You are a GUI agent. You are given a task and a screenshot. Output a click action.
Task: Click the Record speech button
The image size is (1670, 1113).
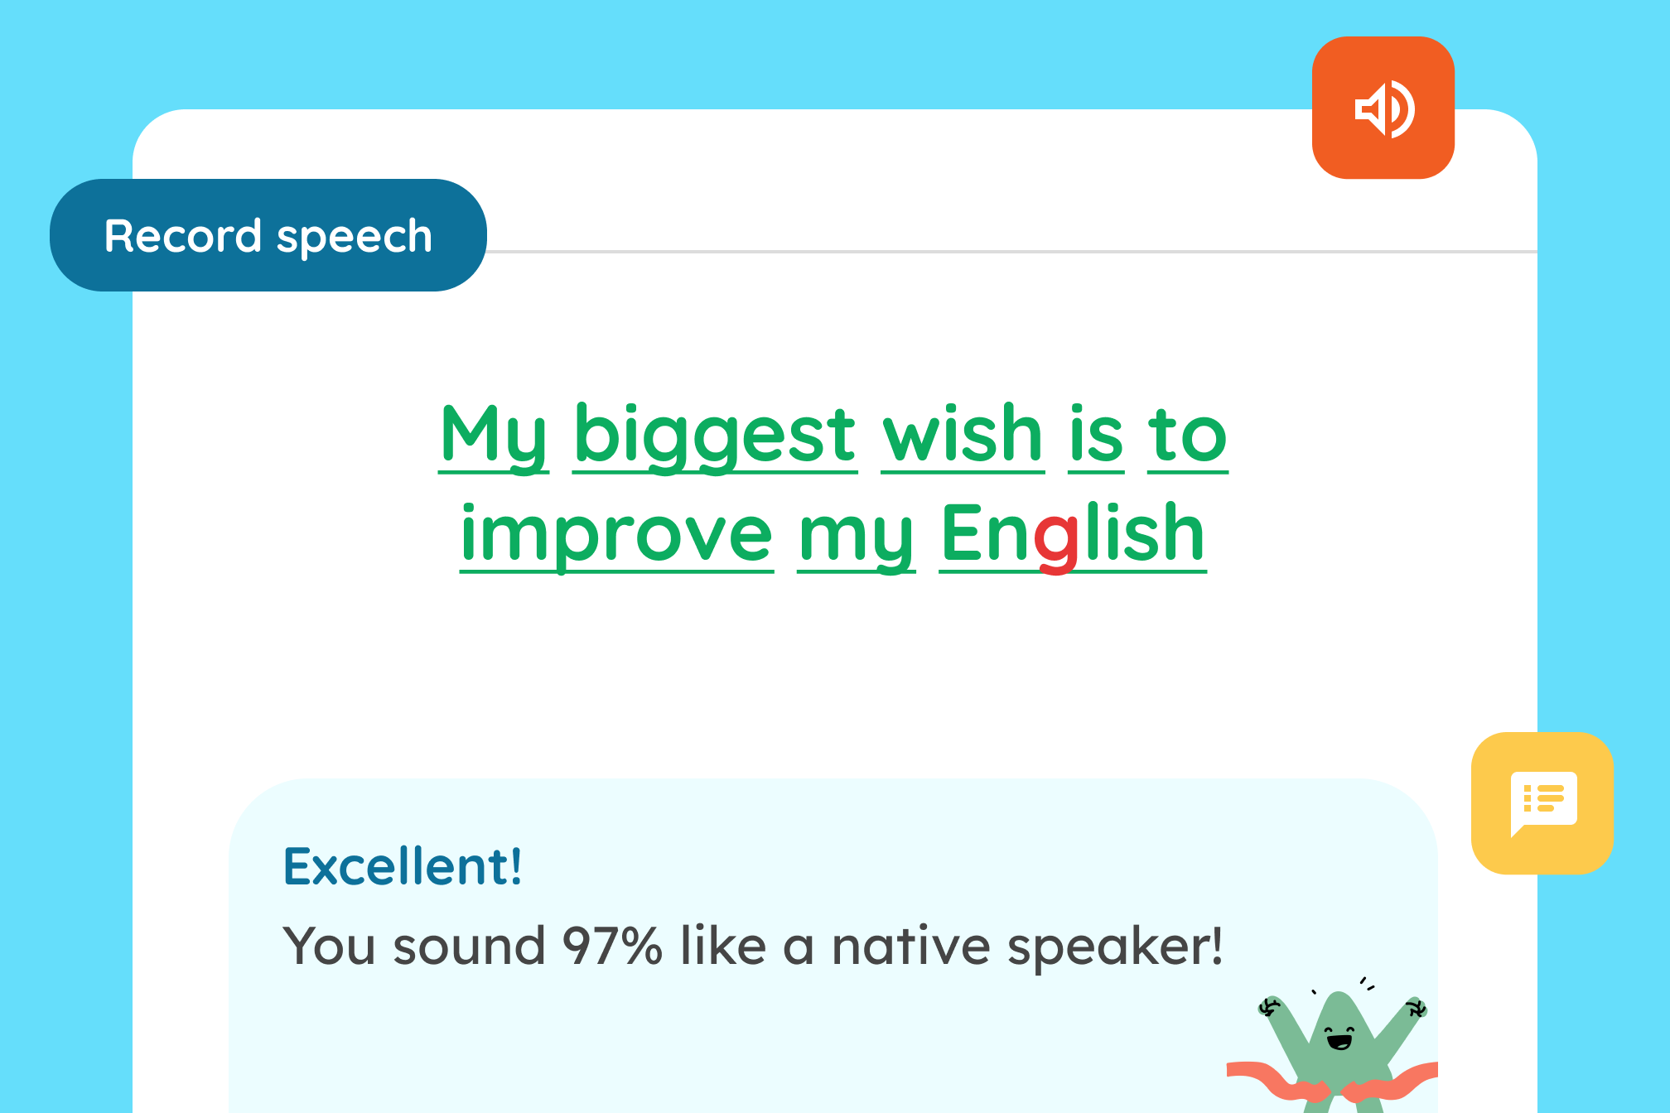click(268, 235)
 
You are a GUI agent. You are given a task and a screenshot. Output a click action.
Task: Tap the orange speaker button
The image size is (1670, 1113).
click(1383, 108)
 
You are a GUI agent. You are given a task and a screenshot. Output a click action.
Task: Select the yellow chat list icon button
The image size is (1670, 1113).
click(1542, 802)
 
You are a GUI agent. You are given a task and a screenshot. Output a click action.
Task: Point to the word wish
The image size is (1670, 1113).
click(963, 432)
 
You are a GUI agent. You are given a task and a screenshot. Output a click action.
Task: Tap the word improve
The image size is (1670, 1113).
click(617, 534)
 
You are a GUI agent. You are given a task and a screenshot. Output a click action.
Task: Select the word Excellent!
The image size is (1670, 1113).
click(403, 866)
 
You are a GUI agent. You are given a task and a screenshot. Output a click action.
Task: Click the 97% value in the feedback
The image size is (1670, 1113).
click(612, 946)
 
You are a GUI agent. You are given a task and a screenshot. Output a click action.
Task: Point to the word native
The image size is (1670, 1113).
click(910, 946)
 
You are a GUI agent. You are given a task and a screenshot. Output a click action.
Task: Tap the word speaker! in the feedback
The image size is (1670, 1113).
click(1115, 947)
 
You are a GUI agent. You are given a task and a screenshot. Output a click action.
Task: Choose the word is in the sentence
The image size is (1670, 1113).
click(1096, 432)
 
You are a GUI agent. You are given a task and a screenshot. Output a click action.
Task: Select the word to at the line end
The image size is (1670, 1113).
click(1187, 434)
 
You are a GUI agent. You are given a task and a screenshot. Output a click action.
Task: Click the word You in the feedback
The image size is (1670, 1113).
click(331, 946)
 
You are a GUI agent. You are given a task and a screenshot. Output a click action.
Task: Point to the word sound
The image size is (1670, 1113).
click(469, 946)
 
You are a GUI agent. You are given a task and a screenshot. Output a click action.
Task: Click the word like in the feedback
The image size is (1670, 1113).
click(723, 945)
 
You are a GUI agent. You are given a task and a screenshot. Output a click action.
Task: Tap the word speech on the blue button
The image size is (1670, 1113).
click(355, 238)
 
